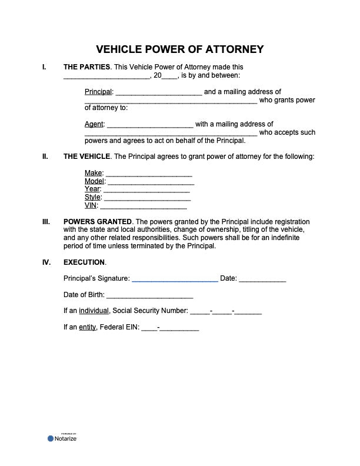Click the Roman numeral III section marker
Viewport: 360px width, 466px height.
click(46, 222)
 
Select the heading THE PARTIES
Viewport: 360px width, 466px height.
click(86, 67)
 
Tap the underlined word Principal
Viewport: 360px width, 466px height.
click(98, 92)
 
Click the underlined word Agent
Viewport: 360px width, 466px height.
click(94, 124)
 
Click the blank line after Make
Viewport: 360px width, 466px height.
click(148, 174)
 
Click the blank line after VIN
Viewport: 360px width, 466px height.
click(144, 207)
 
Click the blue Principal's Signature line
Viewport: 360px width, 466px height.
click(175, 279)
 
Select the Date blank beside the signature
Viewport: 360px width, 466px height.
click(262, 279)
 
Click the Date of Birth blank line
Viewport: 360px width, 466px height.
click(149, 295)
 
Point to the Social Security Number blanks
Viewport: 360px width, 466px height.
click(226, 312)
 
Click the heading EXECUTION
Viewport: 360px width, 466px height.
click(84, 262)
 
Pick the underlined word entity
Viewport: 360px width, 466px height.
click(87, 328)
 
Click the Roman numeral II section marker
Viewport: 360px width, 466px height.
click(45, 157)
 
